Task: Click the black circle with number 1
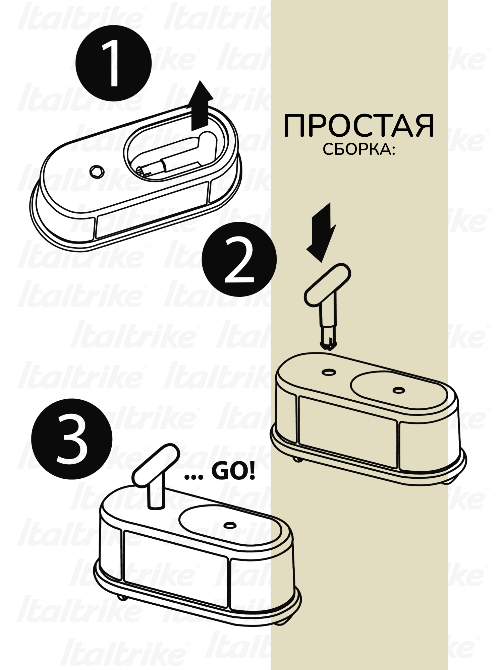[113, 63]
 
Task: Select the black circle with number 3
[72, 439]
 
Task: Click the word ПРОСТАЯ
[359, 126]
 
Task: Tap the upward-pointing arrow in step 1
[200, 105]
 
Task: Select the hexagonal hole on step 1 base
[97, 172]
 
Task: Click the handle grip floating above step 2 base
[327, 284]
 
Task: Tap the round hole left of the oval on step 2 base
[329, 372]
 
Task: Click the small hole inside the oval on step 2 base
[398, 390]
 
